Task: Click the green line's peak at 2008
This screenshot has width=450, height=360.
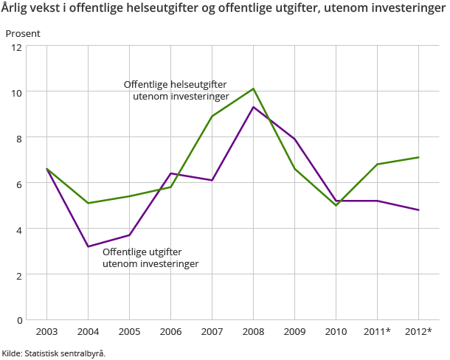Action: (x=253, y=89)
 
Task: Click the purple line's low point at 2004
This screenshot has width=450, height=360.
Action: (x=88, y=246)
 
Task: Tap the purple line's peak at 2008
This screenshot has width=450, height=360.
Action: (x=253, y=107)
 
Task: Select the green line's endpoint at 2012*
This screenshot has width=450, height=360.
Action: (x=419, y=157)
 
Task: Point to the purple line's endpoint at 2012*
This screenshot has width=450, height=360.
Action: (x=419, y=210)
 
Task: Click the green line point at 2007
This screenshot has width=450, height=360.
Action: (x=212, y=117)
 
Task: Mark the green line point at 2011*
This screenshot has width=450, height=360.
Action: (x=378, y=165)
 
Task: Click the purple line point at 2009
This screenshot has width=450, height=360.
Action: (x=295, y=139)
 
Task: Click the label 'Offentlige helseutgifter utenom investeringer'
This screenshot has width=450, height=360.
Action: (x=176, y=90)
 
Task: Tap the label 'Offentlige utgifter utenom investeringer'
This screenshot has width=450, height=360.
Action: (x=150, y=257)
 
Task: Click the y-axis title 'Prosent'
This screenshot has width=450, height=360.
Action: (x=23, y=34)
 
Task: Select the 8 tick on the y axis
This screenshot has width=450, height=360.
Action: (x=17, y=138)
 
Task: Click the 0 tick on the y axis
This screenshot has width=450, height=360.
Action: (x=17, y=320)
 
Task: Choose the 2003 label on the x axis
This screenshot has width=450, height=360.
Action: (x=46, y=332)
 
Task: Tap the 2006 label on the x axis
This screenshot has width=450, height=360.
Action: (x=170, y=332)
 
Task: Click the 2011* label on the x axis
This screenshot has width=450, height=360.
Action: (x=378, y=332)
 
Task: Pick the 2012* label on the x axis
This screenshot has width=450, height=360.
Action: (x=419, y=332)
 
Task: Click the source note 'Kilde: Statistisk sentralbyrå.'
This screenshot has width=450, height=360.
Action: (x=53, y=353)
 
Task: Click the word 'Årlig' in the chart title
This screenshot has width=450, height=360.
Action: (x=15, y=10)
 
